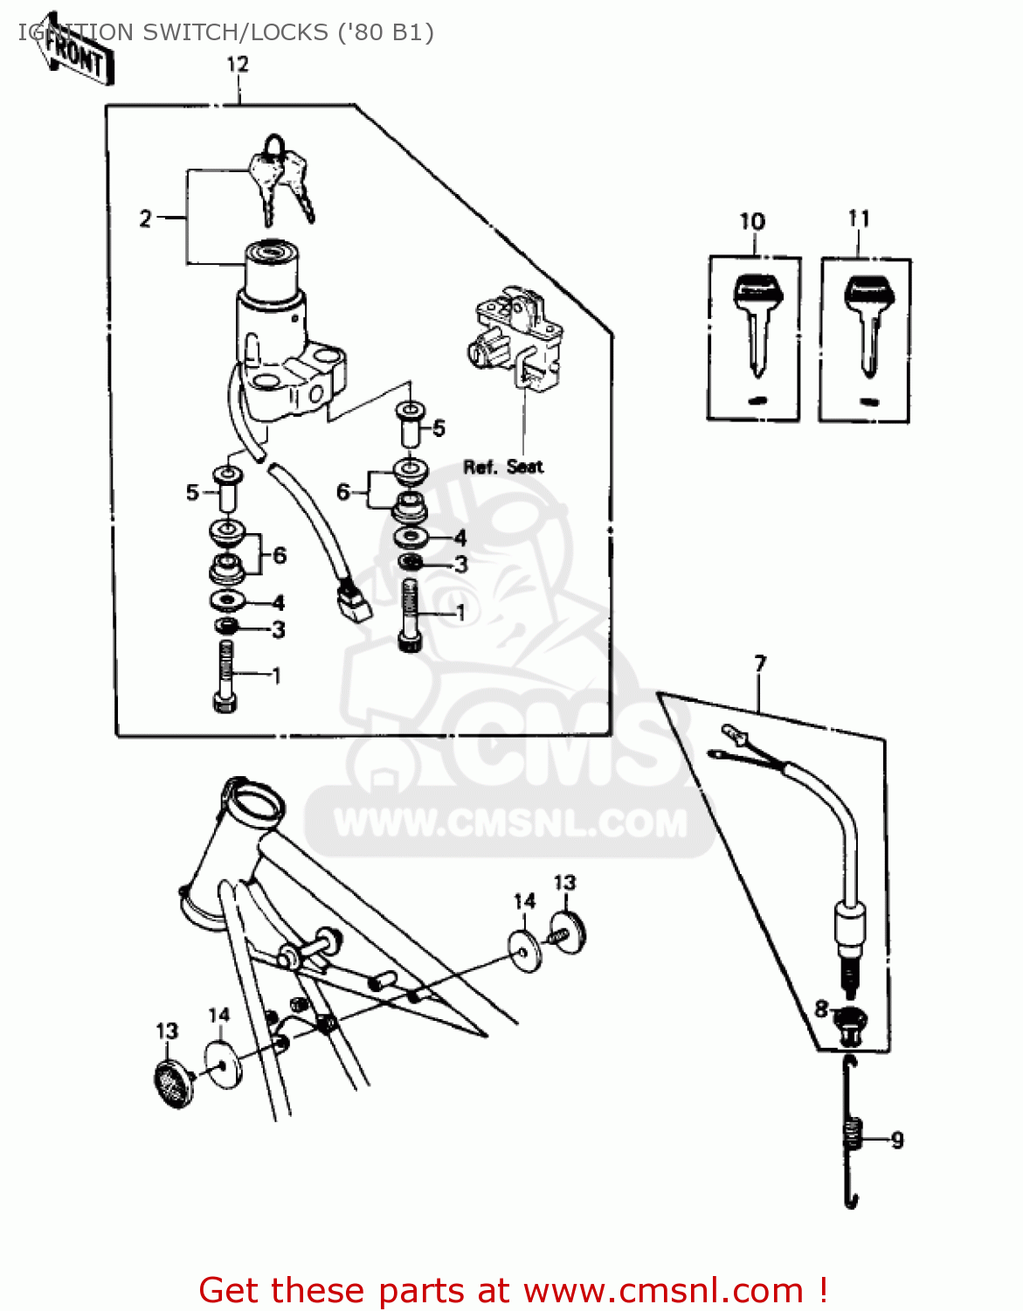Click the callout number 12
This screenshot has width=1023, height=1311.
(237, 65)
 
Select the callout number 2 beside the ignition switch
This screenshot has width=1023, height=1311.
(146, 218)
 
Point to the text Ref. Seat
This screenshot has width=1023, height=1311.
(503, 468)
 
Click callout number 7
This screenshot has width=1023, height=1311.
(760, 664)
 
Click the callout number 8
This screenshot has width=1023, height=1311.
(821, 1009)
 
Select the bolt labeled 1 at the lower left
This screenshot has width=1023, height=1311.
(225, 677)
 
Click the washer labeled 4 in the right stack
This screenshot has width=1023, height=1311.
(409, 538)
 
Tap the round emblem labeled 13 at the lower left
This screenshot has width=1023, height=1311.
(170, 1085)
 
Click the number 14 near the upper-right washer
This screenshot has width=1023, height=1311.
(524, 901)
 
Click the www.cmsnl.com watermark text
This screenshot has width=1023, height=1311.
(511, 823)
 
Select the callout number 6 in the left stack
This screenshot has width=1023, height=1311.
(280, 555)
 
